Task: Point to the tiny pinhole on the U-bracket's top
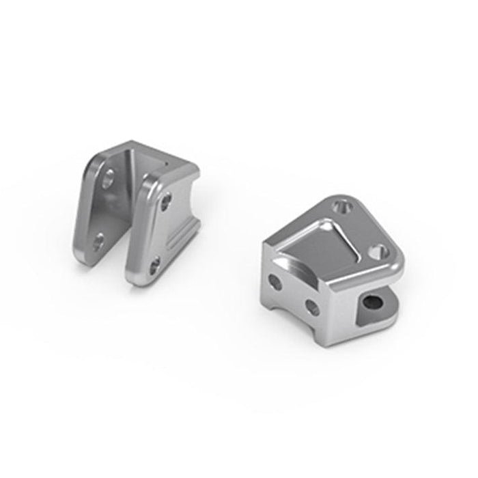pos(166,165)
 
